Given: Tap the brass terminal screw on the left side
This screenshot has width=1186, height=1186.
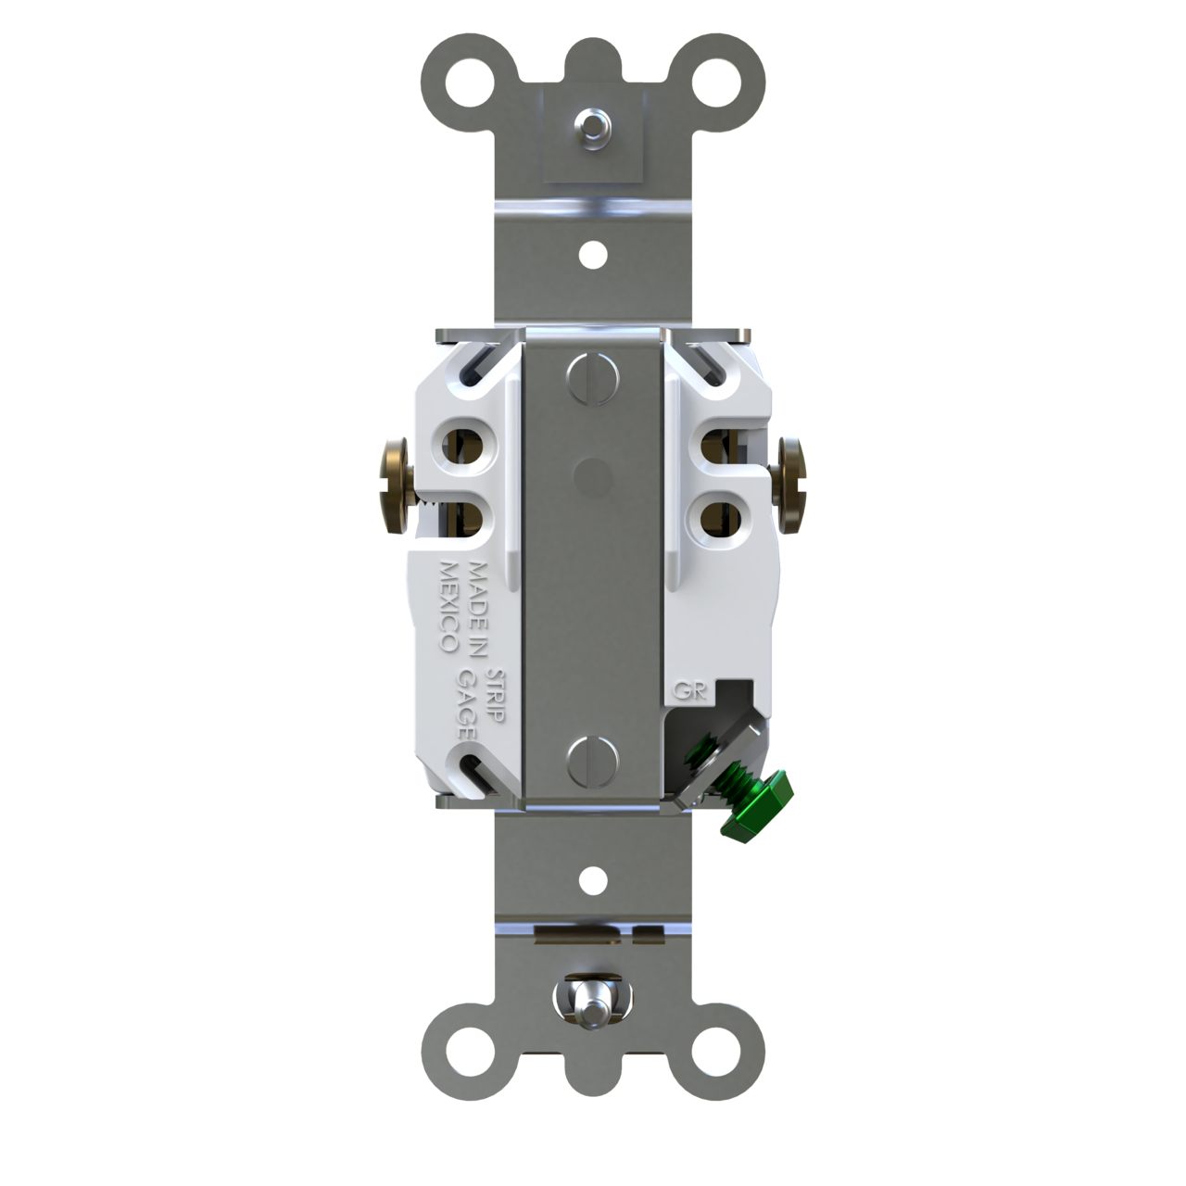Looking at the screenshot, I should click(x=396, y=486).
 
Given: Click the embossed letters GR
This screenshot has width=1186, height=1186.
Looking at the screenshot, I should click(x=687, y=690).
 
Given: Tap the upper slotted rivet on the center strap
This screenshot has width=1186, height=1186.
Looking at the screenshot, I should click(x=591, y=377).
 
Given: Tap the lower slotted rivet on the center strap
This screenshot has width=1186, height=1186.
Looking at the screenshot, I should click(x=591, y=762).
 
